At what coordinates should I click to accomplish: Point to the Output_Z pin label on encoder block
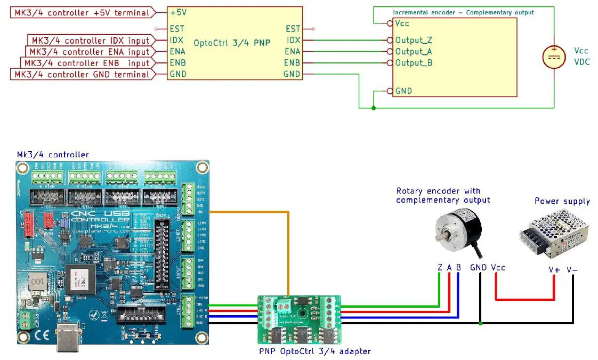point(413,40)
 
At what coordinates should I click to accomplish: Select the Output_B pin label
point(413,63)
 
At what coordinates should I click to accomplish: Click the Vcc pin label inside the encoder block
point(402,24)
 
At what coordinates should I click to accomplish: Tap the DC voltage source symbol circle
point(554,57)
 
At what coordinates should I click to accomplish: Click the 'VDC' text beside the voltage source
point(581,61)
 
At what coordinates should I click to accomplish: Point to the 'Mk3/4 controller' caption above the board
point(52,155)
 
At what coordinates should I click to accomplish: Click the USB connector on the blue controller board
point(69,339)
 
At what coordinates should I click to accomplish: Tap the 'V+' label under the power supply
point(554,270)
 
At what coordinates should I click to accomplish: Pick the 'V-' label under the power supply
point(572,270)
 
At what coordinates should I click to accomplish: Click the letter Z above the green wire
point(440,267)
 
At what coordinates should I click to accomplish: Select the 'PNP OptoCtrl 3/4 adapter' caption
point(314,351)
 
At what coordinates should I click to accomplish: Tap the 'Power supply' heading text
point(562,201)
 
